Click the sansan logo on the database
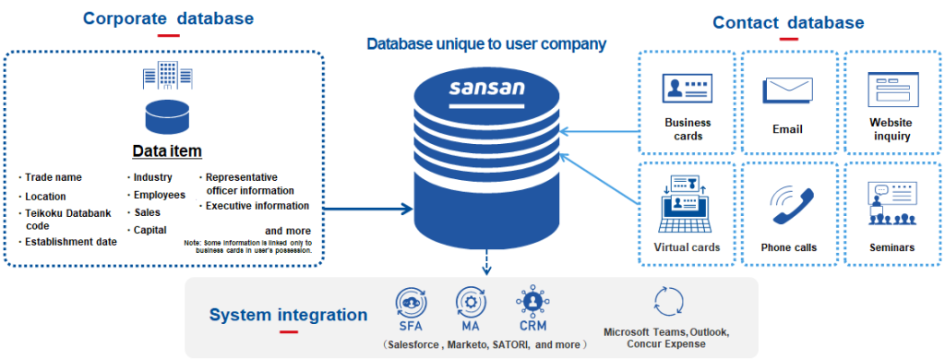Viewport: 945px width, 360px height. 486,90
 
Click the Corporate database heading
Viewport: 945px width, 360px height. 168,18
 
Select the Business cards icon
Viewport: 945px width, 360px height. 688,90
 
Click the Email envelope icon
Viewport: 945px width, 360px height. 786,90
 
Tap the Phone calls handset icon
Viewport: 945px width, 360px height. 788,205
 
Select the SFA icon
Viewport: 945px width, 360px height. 409,302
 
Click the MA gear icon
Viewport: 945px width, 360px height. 470,302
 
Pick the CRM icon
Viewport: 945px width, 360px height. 532,302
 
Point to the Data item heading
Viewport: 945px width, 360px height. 167,150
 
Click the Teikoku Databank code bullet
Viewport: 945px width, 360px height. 63,220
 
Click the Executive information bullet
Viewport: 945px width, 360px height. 256,206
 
